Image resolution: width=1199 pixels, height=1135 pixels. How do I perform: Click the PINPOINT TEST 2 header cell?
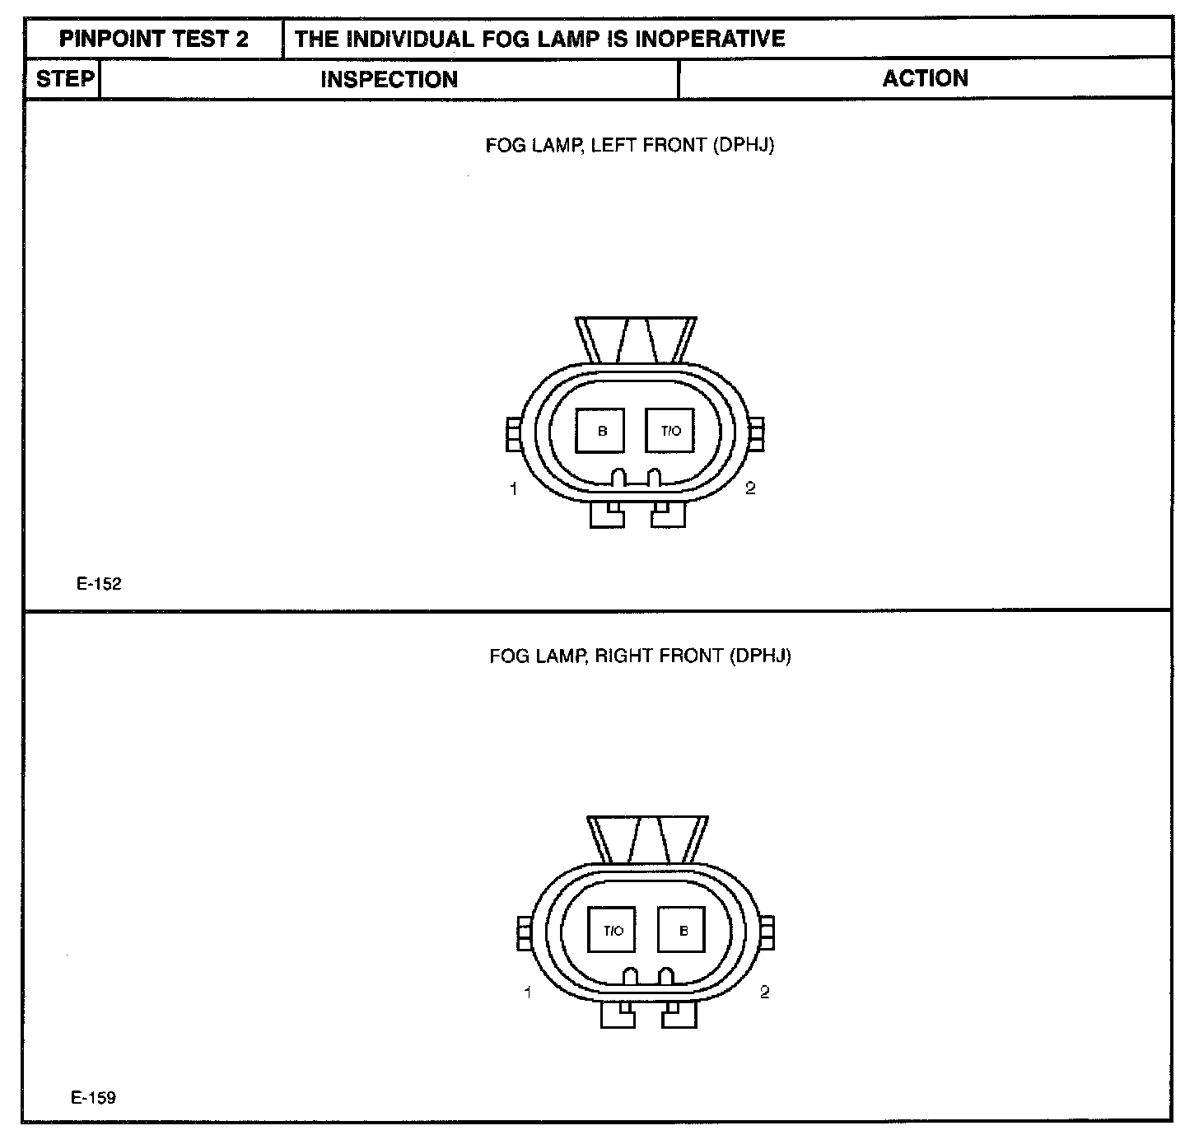pos(153,39)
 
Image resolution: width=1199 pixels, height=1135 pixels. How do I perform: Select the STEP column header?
pos(63,79)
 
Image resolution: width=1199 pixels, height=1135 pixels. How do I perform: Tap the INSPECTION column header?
pos(389,79)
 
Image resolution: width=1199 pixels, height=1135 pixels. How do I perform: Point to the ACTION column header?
pos(925,78)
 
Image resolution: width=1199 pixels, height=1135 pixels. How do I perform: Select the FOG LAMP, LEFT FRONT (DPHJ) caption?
pos(630,146)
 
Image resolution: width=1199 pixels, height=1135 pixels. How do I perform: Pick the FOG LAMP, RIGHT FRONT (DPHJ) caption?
pos(640,656)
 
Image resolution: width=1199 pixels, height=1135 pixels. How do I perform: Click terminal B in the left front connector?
pos(601,431)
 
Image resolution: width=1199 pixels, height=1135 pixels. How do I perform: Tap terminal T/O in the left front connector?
pos(670,431)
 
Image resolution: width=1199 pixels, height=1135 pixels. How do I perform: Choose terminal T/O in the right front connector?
pos(613,931)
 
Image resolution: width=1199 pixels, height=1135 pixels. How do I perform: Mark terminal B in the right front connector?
pos(683,931)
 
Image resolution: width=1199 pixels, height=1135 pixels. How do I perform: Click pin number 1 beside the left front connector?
pos(514,489)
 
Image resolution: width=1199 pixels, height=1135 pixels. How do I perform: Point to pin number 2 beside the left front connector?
pos(750,488)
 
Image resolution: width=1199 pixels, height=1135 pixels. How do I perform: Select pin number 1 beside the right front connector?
pos(528,993)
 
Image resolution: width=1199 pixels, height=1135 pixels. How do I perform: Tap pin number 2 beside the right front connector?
pos(764,992)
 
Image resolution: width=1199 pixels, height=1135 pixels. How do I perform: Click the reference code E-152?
pos(99,584)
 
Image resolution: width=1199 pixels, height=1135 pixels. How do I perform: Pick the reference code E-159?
pos(93,1097)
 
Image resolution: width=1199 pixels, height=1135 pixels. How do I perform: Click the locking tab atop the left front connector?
pos(636,339)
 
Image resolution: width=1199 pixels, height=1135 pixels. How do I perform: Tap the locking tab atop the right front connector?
pos(647,839)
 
